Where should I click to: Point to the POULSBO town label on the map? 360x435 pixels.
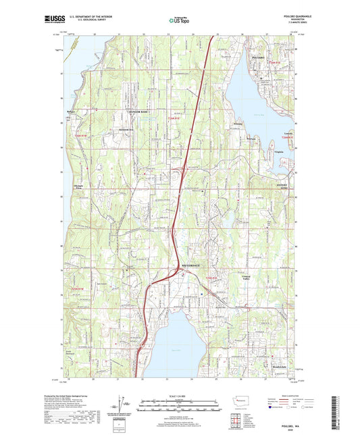259,59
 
